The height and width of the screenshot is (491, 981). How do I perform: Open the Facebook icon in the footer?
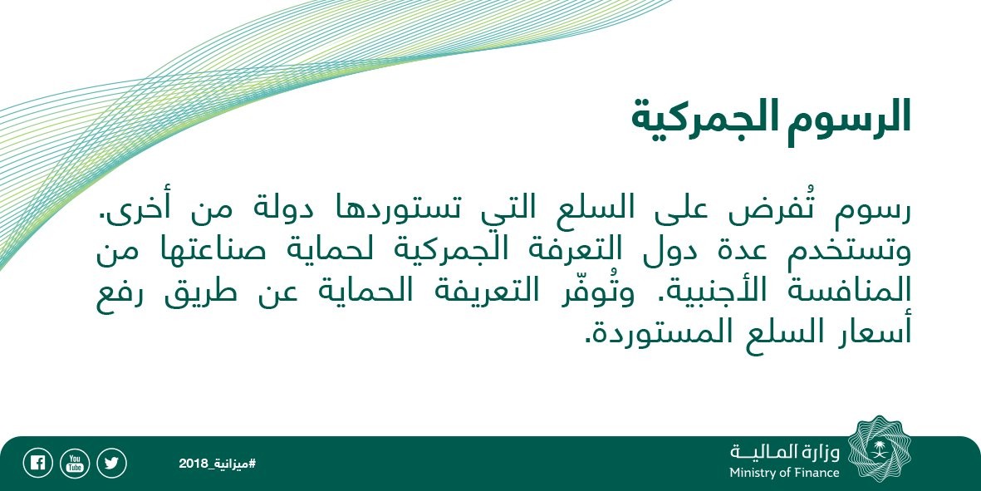37,464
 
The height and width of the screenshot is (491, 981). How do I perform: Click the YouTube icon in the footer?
75,464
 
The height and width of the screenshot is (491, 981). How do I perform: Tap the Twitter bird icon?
111,464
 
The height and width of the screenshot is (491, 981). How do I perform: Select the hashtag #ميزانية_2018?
217,464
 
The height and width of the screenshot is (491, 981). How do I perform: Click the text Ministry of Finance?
784,473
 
